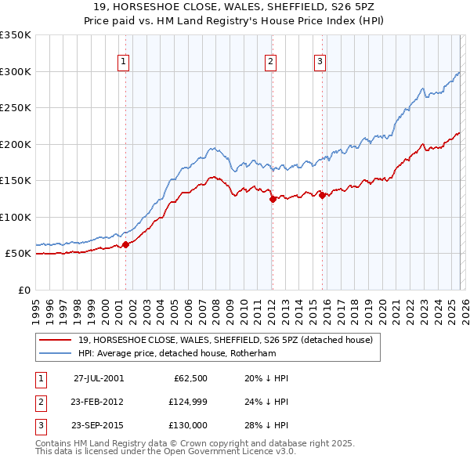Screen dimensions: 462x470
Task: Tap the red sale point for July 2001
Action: click(x=125, y=244)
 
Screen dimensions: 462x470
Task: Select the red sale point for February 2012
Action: click(x=272, y=199)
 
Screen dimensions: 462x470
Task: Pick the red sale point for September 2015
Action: click(x=322, y=196)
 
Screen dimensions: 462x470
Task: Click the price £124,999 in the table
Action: click(x=186, y=402)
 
